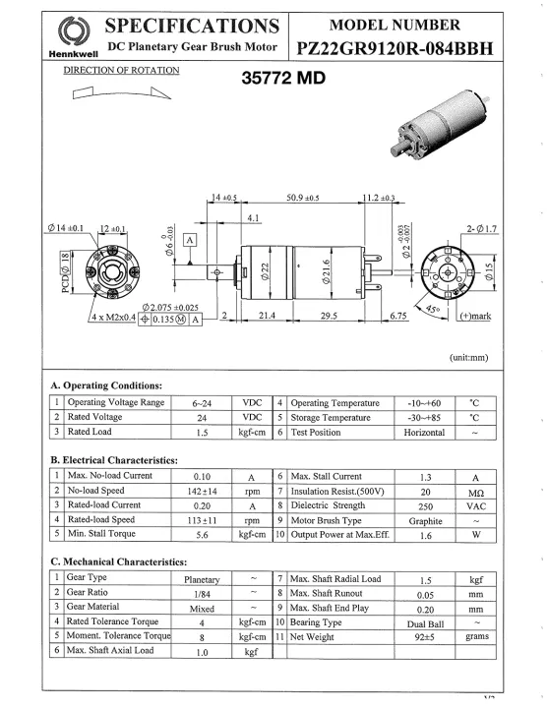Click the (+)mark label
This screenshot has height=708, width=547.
(476, 316)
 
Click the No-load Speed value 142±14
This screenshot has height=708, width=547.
(202, 490)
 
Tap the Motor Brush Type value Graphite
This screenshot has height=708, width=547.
(425, 520)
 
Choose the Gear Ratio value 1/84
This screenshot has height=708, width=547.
(202, 593)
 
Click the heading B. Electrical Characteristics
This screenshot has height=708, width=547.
(113, 459)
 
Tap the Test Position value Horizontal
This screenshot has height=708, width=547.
(425, 432)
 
